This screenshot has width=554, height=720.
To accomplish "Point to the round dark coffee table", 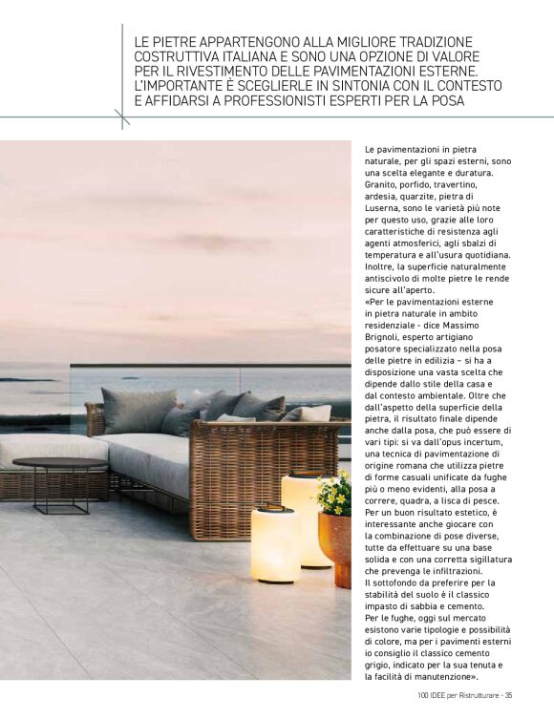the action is (x=60, y=465).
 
